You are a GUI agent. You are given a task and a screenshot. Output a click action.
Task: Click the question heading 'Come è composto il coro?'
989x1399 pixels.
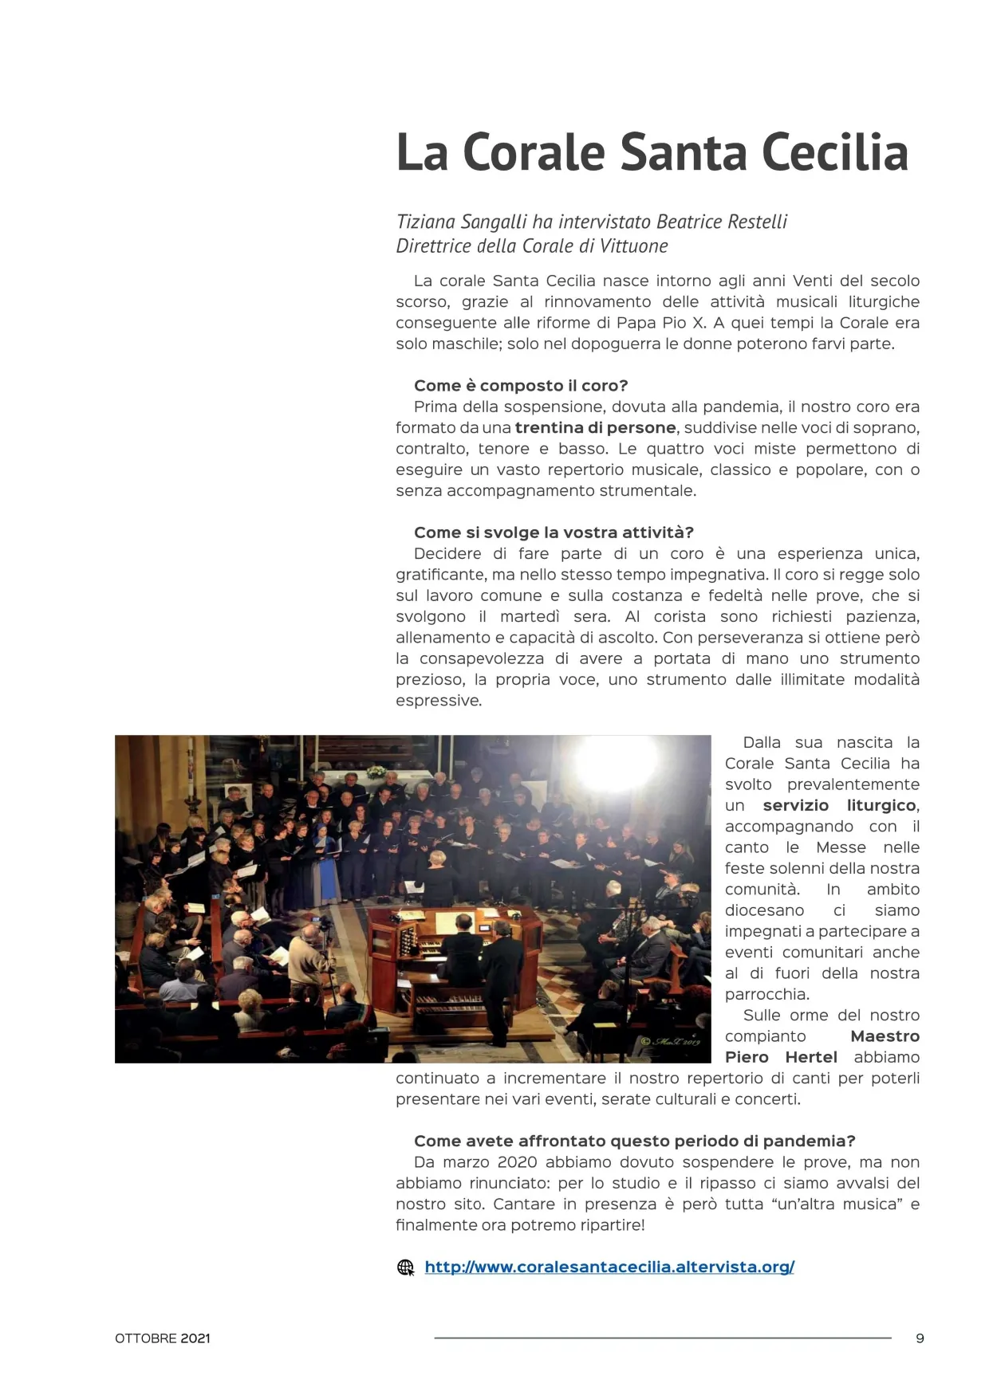pyautogui.click(x=521, y=386)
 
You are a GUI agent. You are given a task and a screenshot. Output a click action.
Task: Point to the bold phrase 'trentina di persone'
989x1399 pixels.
pyautogui.click(x=595, y=427)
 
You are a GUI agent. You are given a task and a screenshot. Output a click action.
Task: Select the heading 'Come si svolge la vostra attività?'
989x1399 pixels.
pyautogui.click(x=554, y=532)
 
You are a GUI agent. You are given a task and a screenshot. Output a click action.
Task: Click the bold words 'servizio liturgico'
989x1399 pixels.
pyautogui.click(x=840, y=805)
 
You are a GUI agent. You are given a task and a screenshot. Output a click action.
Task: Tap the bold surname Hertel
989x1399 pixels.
pyautogui.click(x=811, y=1057)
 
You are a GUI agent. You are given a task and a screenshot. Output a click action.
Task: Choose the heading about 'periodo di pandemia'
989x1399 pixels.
pyautogui.click(x=634, y=1141)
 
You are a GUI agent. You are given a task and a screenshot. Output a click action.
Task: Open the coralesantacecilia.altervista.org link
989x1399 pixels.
pyautogui.click(x=609, y=1267)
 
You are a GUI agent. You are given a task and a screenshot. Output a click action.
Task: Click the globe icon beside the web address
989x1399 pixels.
pyautogui.click(x=406, y=1267)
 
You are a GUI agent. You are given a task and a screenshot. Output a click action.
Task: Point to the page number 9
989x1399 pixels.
pyautogui.click(x=920, y=1338)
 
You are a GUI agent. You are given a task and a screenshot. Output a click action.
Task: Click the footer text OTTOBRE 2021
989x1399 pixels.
pyautogui.click(x=163, y=1338)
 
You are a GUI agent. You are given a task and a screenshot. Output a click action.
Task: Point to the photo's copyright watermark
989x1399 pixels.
pyautogui.click(x=671, y=1042)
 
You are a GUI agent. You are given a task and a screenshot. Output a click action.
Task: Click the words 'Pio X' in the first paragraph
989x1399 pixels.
pyautogui.click(x=684, y=323)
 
